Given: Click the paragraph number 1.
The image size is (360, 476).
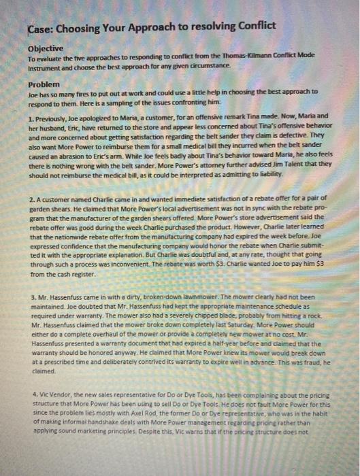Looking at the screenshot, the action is coord(30,116).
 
